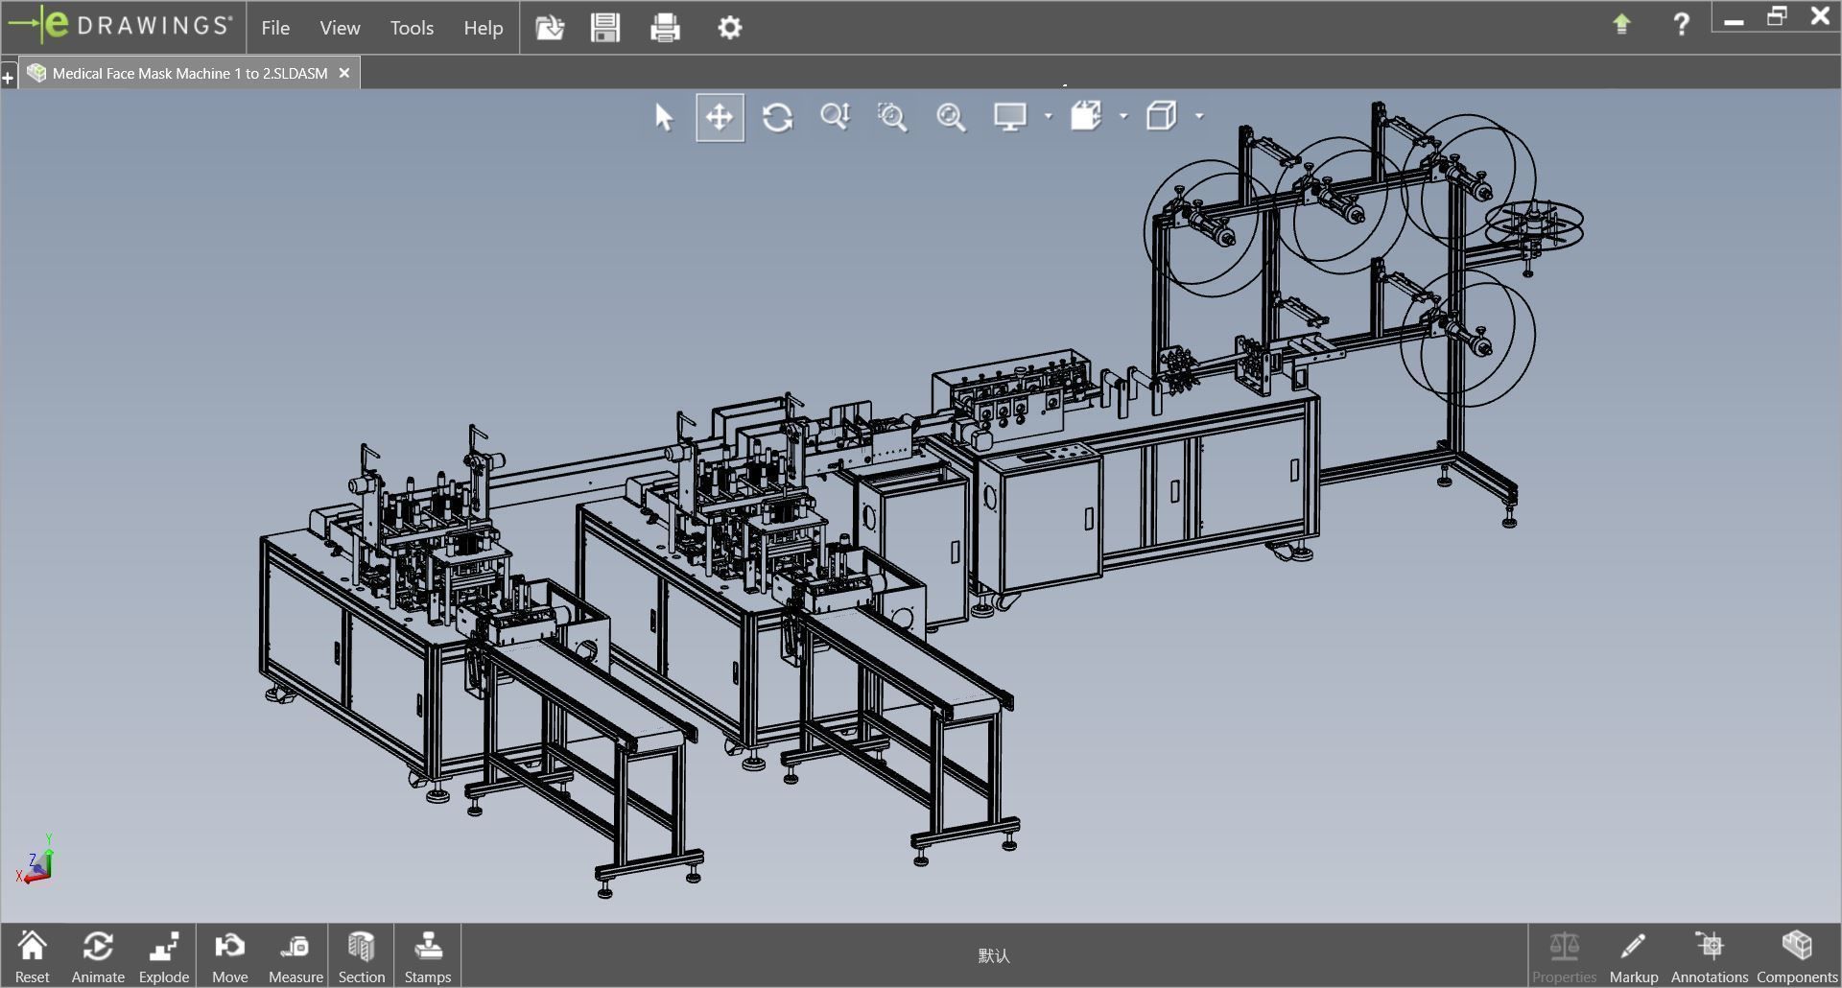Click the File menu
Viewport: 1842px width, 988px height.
[x=275, y=28]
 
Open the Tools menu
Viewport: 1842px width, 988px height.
[x=412, y=28]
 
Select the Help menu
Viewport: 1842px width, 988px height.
[x=483, y=28]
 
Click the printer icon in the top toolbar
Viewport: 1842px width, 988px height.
[x=665, y=28]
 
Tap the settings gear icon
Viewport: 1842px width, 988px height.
[x=729, y=28]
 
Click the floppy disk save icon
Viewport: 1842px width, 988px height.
[x=605, y=28]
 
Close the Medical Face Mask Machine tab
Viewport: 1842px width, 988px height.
[x=344, y=73]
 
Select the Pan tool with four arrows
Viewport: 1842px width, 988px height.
[x=720, y=117]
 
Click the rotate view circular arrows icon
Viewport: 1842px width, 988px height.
[x=777, y=117]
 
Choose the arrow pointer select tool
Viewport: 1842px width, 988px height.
[x=664, y=117]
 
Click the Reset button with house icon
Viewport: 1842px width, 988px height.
[x=32, y=955]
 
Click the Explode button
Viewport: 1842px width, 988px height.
[x=164, y=955]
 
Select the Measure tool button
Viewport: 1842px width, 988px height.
[x=295, y=955]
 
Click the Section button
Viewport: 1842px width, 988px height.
[x=361, y=955]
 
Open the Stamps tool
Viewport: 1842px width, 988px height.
[x=427, y=955]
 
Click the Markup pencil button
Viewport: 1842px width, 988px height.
[x=1633, y=955]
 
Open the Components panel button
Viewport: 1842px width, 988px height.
[x=1796, y=955]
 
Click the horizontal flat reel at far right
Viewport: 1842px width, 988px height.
[x=1534, y=225]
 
